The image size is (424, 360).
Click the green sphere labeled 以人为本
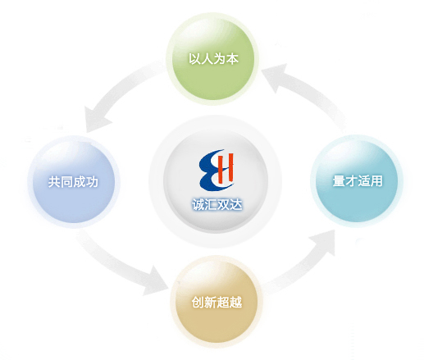(x=213, y=59)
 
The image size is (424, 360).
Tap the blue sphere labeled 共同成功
(x=74, y=182)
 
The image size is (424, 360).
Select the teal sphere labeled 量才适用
(x=357, y=180)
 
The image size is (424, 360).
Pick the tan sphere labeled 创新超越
(x=217, y=302)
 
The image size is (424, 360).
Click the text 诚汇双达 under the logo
(x=217, y=204)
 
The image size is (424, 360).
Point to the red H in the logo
(x=226, y=167)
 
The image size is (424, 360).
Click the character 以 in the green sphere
(x=194, y=59)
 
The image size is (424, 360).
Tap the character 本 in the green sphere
(x=232, y=59)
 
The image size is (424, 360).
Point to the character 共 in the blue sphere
(x=54, y=182)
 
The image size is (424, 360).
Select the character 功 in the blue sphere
(x=92, y=182)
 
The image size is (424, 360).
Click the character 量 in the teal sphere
(x=339, y=181)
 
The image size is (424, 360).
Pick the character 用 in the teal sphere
(x=376, y=181)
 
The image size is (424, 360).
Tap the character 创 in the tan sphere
(x=198, y=302)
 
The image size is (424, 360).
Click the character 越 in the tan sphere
(x=236, y=302)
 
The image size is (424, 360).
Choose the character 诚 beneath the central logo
(x=198, y=204)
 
